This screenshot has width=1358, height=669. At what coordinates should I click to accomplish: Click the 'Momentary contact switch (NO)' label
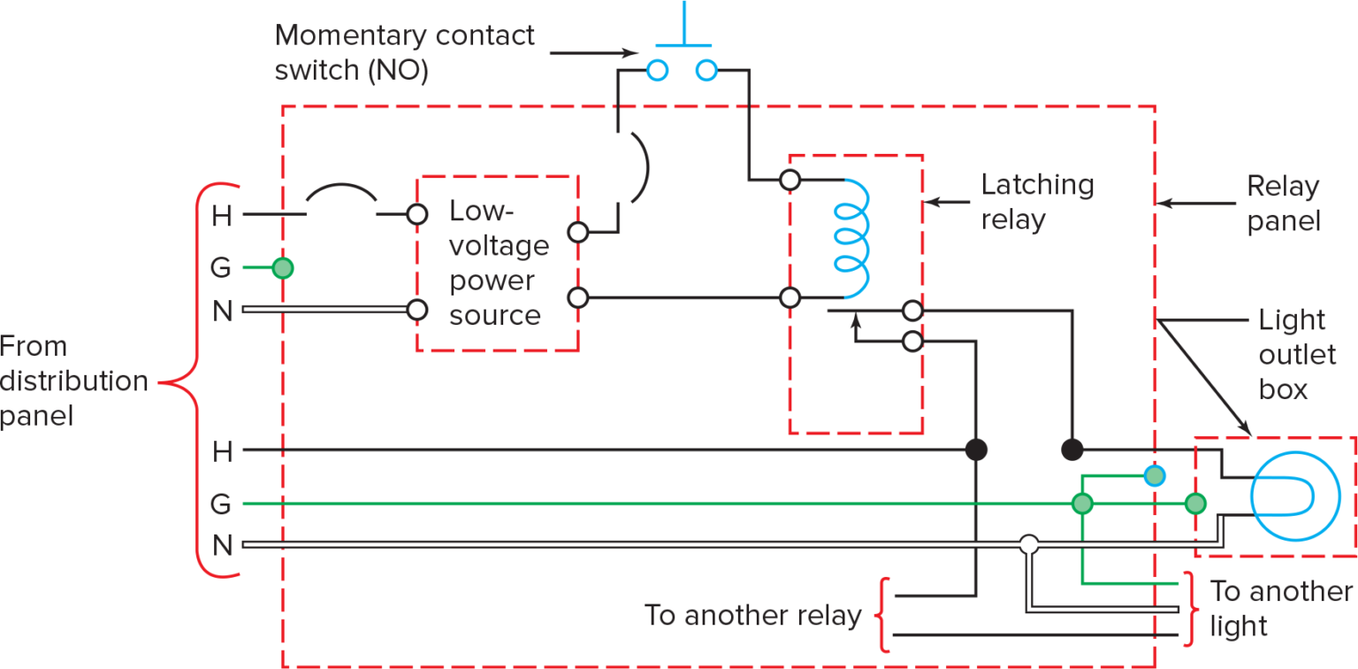404,52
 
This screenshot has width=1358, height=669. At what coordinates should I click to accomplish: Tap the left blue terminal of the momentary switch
656,70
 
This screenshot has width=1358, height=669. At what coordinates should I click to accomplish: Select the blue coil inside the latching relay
852,238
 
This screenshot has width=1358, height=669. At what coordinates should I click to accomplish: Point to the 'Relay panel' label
1283,204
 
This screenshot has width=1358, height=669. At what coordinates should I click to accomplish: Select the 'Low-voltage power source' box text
497,264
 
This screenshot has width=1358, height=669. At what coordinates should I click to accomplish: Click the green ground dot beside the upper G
282,267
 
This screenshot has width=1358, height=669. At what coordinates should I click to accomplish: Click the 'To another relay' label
752,615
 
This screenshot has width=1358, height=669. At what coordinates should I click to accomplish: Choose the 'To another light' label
1278,608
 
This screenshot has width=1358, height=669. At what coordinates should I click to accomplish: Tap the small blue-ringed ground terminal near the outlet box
1154,476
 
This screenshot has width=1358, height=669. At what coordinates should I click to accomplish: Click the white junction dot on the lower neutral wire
1028,544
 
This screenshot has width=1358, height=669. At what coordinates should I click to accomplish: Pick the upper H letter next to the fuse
222,215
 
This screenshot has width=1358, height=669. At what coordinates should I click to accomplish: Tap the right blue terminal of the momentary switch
706,70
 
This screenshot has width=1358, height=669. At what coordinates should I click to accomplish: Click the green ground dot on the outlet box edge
1195,504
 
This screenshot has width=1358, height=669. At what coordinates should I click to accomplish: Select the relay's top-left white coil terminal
790,181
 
